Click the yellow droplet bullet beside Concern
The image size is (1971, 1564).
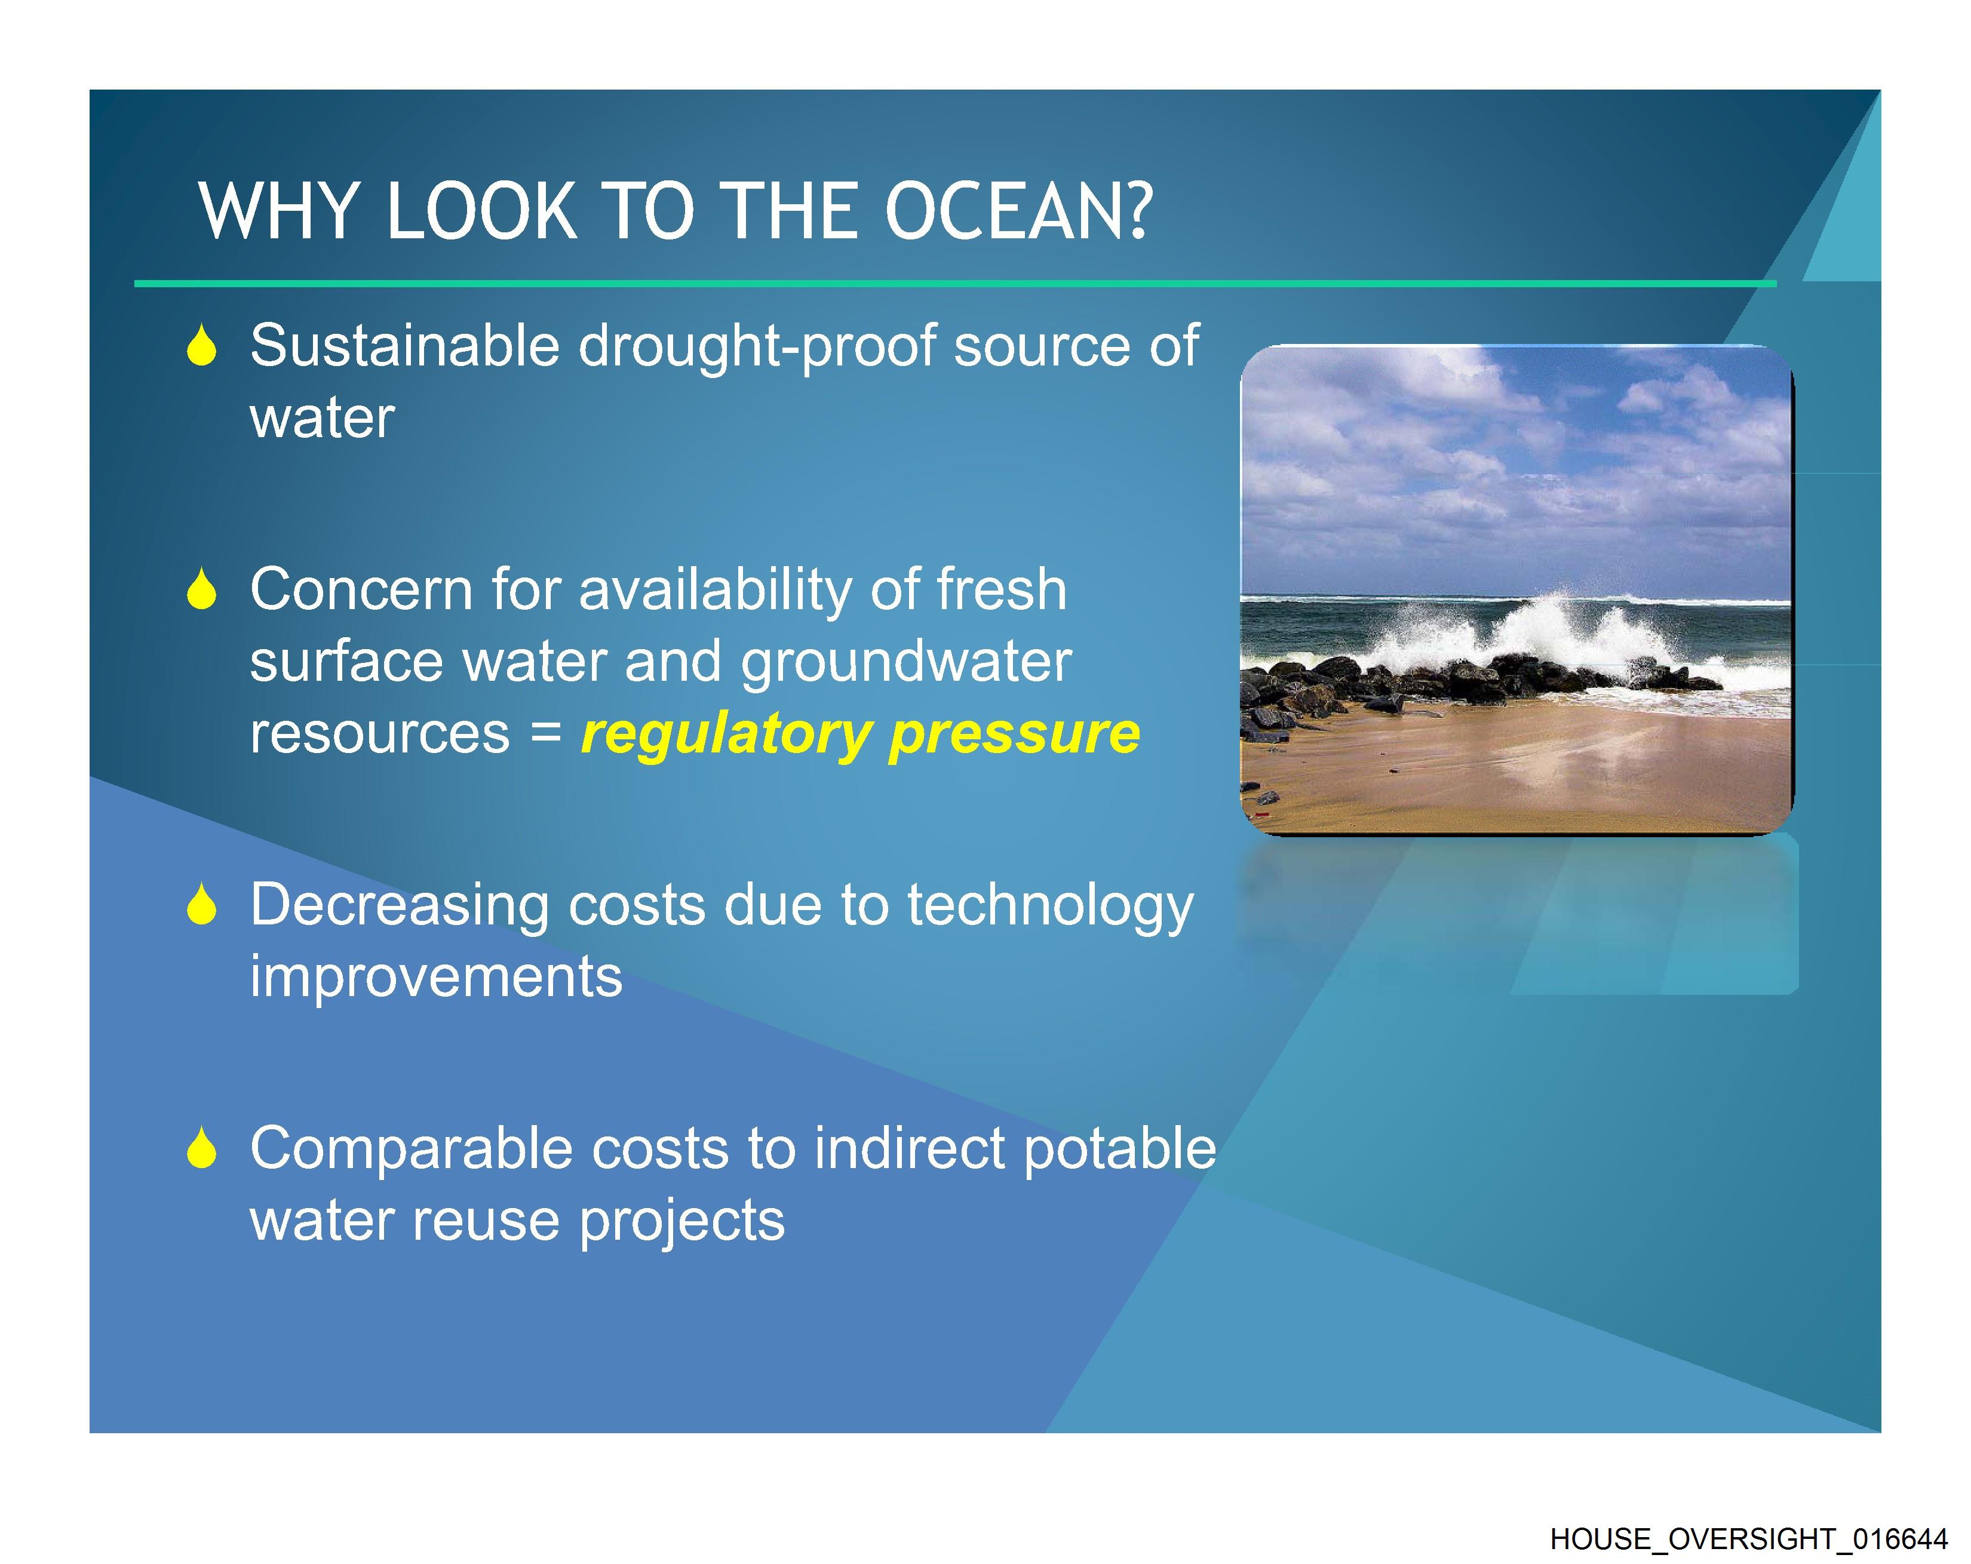[201, 589]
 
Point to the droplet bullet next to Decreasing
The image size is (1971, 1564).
[201, 905]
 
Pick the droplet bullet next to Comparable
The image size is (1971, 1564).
[201, 1148]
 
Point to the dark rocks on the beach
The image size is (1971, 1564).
[1426, 686]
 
